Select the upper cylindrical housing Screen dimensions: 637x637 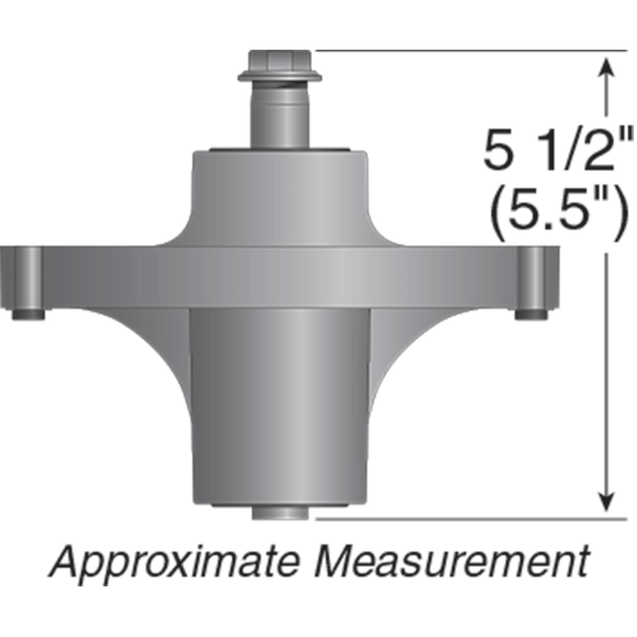(x=280, y=191)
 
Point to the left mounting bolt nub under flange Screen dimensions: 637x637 (x=28, y=314)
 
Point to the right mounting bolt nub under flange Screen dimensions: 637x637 (x=531, y=314)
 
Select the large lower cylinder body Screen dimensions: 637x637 (x=280, y=405)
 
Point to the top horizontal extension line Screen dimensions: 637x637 (x=471, y=50)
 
